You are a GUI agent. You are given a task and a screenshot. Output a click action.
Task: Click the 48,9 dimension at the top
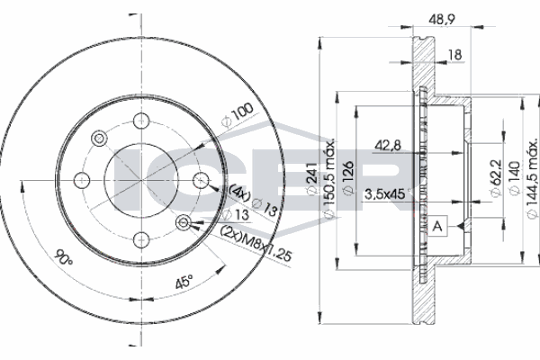pos(442,20)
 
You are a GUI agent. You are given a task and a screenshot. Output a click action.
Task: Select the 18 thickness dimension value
pos(454,55)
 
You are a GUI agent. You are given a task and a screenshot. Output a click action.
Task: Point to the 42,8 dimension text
pos(388,146)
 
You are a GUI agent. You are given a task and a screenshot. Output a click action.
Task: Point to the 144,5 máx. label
pos(533,178)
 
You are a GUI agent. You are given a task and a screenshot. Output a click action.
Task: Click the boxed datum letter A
pos(437,226)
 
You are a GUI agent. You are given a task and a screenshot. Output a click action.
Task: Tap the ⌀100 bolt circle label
pos(238,115)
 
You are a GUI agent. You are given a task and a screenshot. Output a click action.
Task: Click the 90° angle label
pos(64,257)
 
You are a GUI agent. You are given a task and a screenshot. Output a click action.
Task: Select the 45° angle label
pos(184,282)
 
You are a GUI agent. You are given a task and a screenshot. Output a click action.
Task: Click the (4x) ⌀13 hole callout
pos(253,200)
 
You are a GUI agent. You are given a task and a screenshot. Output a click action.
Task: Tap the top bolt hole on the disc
pos(141,121)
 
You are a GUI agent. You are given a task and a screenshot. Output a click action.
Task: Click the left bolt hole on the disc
pos(82,180)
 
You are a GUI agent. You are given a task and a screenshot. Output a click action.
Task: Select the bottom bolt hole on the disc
pos(141,239)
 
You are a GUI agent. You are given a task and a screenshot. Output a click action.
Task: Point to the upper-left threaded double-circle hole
pos(99,139)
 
